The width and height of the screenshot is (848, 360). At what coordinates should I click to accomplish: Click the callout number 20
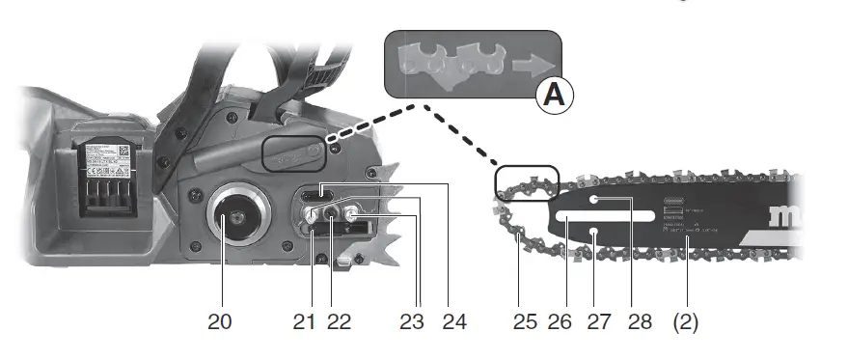coord(220,322)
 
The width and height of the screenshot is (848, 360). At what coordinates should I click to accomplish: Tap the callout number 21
coord(306,322)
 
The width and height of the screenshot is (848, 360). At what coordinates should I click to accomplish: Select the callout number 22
coord(339,322)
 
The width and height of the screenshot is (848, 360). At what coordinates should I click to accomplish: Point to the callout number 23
coord(412,322)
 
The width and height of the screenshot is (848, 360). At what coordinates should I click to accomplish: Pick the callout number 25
coord(526,322)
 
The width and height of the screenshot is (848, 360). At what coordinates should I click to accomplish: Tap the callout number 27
coord(599,322)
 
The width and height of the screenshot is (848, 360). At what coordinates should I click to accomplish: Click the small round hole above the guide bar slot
coord(596,200)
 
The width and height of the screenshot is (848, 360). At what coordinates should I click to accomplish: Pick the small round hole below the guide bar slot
coord(597,233)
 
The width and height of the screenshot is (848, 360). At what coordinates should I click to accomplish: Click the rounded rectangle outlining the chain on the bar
coord(527,181)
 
